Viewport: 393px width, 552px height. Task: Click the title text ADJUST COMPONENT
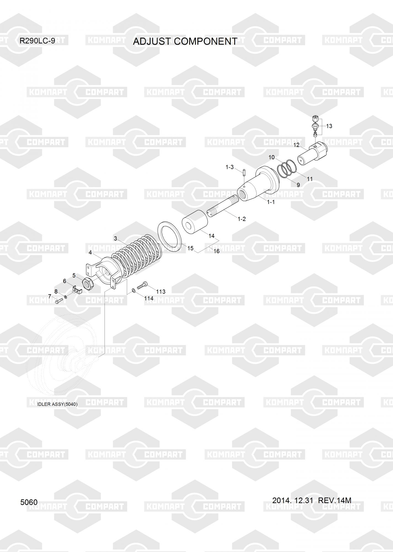[x=185, y=41]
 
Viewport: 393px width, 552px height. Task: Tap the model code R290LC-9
[x=37, y=41]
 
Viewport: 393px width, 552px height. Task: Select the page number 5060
[x=29, y=502]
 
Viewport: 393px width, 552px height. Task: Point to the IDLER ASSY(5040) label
[x=57, y=404]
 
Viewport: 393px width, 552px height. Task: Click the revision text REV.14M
[x=335, y=500]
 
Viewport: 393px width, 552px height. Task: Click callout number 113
[x=161, y=291]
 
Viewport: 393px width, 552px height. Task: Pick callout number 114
[x=149, y=298]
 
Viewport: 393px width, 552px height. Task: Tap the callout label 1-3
[x=229, y=167]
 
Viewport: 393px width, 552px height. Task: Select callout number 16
[x=216, y=251]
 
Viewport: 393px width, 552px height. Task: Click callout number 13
[x=329, y=126]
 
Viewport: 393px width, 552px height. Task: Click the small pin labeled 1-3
[x=245, y=173]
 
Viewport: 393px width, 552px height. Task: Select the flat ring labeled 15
[x=169, y=236]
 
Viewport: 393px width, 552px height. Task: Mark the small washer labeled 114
[x=134, y=290]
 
